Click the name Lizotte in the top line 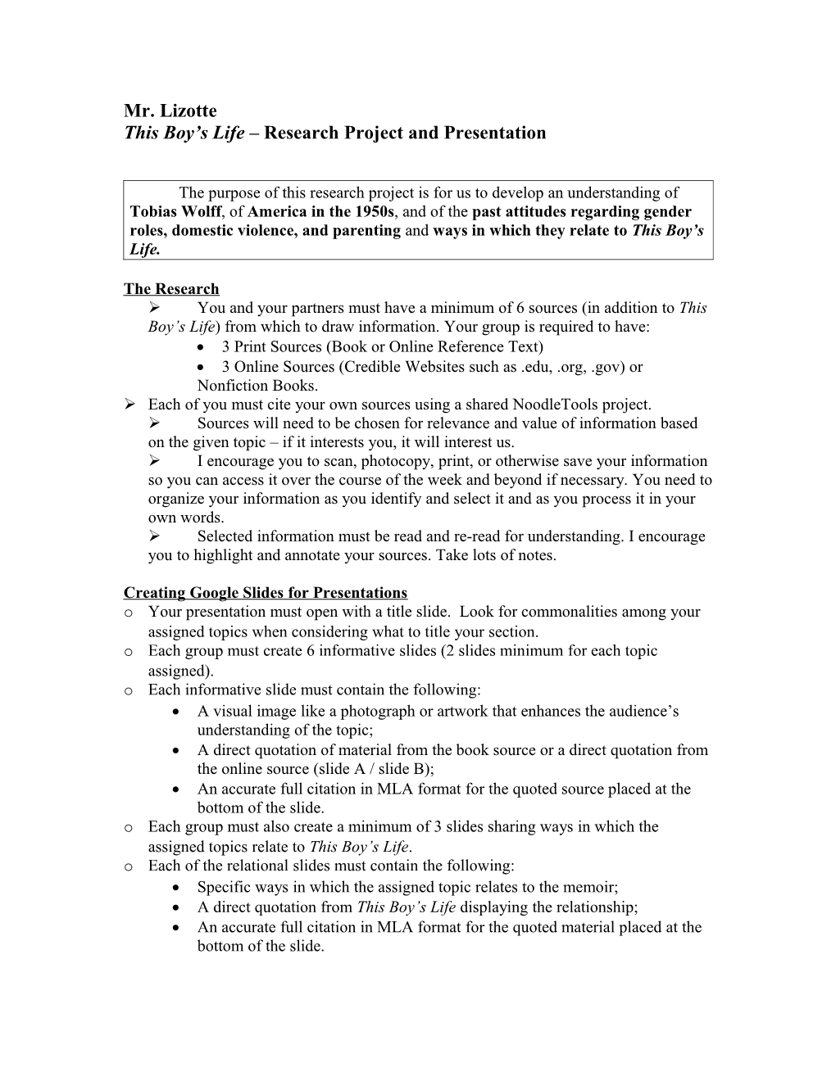(189, 111)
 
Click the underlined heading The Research (171, 289)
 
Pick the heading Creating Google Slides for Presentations (265, 593)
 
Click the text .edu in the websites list (536, 367)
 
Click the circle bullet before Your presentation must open (129, 613)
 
